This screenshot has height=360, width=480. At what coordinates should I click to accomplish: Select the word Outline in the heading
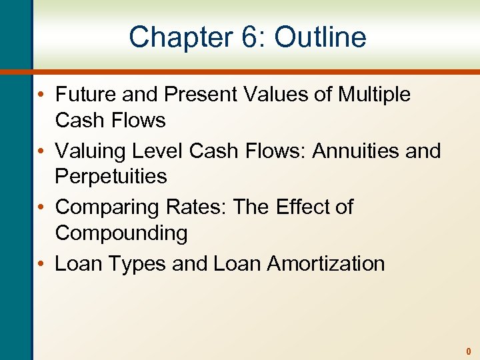320,37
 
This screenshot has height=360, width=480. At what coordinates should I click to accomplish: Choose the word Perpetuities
111,177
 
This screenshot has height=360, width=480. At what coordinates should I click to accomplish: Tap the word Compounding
121,233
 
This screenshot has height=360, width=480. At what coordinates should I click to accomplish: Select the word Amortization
325,264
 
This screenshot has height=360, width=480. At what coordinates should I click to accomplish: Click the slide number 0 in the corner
468,351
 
